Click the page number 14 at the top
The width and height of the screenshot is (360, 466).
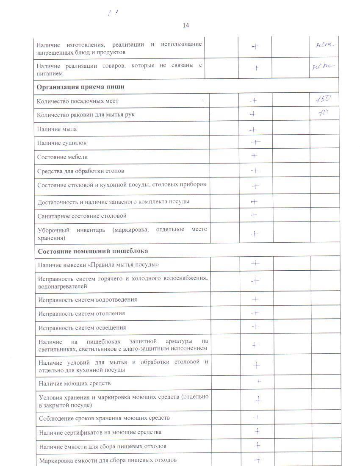tap(186, 25)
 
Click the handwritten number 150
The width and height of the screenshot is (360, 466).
tap(324, 100)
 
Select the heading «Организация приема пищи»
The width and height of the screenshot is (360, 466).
tap(80, 87)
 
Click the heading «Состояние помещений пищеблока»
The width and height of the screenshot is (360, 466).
tap(93, 251)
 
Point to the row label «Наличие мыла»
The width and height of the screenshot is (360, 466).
tap(57, 129)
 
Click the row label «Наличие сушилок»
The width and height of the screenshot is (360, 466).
tap(62, 143)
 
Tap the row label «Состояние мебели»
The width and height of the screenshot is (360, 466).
tap(62, 157)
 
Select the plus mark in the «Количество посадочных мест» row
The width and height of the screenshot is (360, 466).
tap(253, 100)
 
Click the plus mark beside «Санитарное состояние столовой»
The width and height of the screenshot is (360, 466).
tap(254, 215)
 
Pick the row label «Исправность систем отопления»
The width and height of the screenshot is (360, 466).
tap(81, 313)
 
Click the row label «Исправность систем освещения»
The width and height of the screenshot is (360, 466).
tap(82, 327)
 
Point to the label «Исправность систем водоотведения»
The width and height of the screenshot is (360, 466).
tap(87, 300)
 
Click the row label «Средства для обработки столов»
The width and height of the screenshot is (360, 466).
tap(80, 171)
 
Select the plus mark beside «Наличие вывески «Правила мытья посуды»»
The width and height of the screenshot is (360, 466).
tap(255, 263)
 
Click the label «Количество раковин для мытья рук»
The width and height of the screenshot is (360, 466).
tap(86, 115)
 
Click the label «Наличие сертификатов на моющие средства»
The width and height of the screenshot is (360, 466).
tap(100, 432)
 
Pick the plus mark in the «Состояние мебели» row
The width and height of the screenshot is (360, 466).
tap(254, 155)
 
